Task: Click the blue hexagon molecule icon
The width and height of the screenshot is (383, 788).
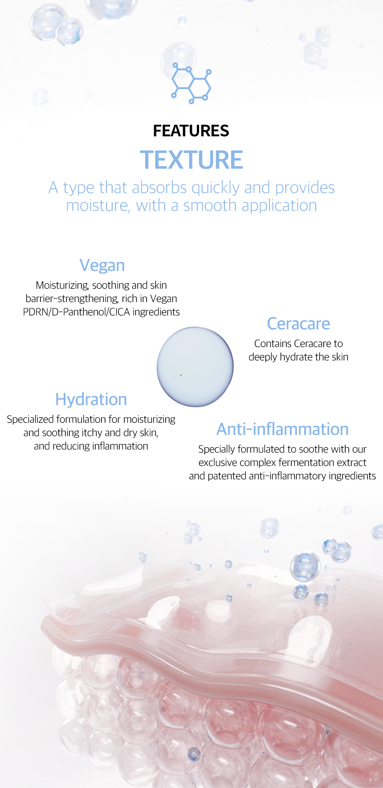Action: pos(191,83)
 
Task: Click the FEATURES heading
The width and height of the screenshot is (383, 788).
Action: pos(191,131)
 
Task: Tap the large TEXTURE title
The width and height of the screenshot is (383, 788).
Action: pos(191,160)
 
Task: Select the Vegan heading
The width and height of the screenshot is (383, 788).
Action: pos(102,265)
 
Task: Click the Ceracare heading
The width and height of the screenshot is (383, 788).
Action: pos(298,324)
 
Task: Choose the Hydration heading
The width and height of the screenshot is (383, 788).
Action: pos(91,400)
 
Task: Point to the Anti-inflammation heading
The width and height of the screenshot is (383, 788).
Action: pos(282,429)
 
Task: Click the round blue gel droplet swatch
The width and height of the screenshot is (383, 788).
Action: pos(195,367)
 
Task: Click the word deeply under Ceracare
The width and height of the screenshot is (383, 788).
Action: pos(263,357)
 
